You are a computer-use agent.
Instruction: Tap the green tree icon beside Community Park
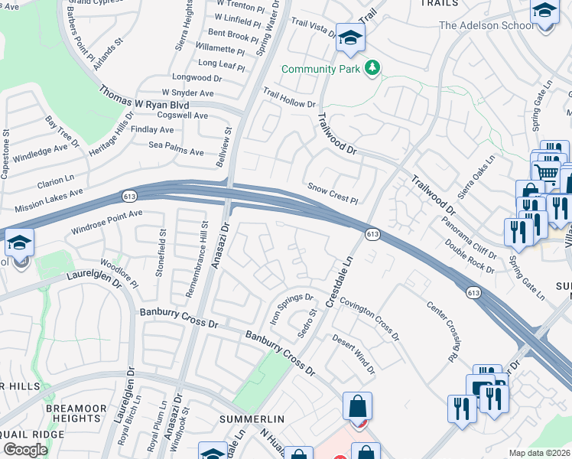pyautogui.click(x=373, y=69)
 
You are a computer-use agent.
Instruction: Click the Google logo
pyautogui.click(x=25, y=449)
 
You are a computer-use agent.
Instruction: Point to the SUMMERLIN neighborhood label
pyautogui.click(x=252, y=419)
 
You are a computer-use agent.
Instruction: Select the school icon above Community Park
pyautogui.click(x=350, y=38)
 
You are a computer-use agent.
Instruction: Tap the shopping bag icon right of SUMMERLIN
pyautogui.click(x=358, y=407)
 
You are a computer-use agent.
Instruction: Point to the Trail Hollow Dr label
pyautogui.click(x=289, y=98)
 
